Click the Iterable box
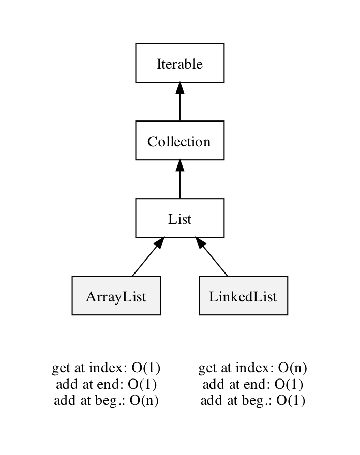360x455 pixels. (x=179, y=63)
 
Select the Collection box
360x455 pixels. (x=179, y=141)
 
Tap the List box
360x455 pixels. (x=179, y=218)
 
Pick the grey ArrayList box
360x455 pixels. (x=116, y=295)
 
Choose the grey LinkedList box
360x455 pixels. (x=243, y=295)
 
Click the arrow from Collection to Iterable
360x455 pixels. (x=179, y=101)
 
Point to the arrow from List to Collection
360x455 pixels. (x=179, y=179)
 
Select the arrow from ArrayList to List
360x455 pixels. (x=148, y=256)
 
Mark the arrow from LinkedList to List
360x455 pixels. (x=211, y=256)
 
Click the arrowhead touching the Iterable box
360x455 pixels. (x=179, y=88)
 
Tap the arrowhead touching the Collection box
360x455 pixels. (x=179, y=165)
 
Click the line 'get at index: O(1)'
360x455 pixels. (x=106, y=368)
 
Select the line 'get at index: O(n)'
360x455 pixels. (x=252, y=368)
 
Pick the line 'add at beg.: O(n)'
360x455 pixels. (x=106, y=401)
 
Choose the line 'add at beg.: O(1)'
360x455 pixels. (x=252, y=401)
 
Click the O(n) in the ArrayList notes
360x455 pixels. (x=144, y=401)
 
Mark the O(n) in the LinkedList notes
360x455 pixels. (x=293, y=368)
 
